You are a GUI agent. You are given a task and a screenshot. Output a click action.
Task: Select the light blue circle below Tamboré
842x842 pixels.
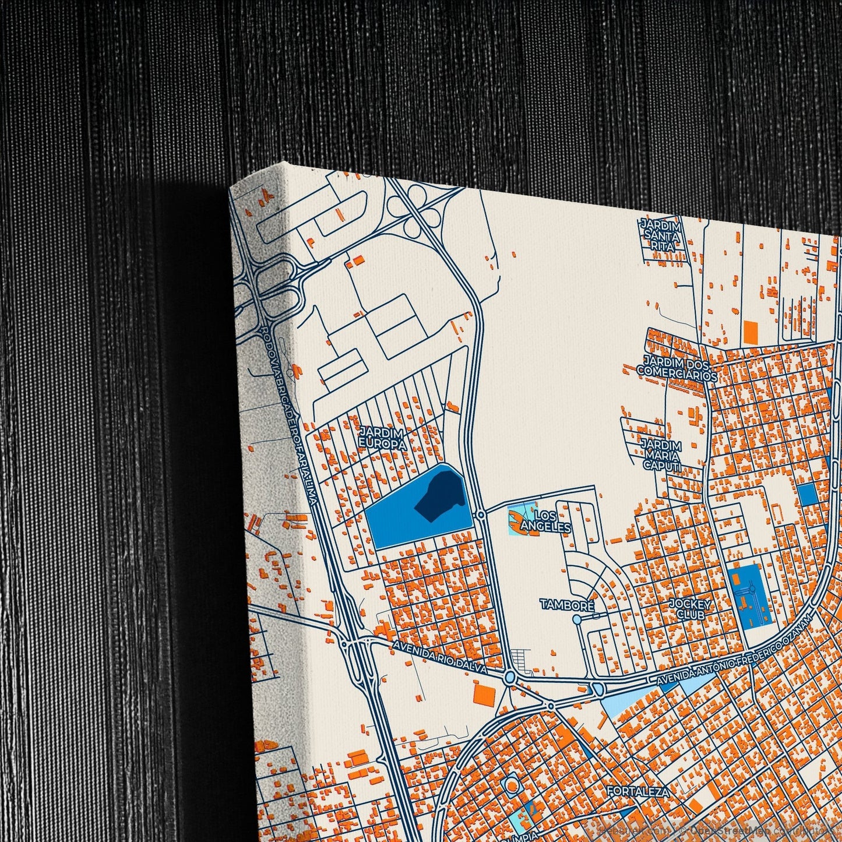click(x=577, y=619)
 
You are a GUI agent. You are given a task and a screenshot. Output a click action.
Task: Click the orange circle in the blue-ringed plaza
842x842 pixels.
click(x=512, y=787)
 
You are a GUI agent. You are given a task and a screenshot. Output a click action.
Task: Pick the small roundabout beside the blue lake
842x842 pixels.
click(x=481, y=515)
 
